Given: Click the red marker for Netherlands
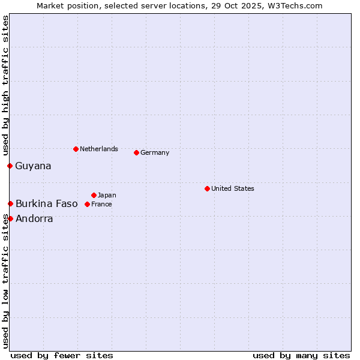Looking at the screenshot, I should coord(76,149).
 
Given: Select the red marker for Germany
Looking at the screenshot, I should coord(136,152).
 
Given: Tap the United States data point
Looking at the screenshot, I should coord(207,188).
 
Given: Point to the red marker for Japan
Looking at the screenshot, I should coord(94,195).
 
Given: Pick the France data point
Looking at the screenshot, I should coord(87,204).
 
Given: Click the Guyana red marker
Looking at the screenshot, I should coord(10,166).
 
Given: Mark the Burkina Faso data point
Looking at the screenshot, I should coord(10,203).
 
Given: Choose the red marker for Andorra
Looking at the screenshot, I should coord(10,218).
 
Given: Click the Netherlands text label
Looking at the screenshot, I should coord(99,149).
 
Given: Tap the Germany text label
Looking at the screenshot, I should coord(155,152).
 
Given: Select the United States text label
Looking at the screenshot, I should coord(233,188).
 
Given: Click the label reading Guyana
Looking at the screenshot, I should coord(33,166).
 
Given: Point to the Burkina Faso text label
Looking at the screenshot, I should coord(47,203).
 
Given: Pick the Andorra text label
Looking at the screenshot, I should coord(34,218).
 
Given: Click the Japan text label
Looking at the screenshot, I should coord(107,195).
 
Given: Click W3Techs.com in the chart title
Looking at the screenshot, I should coord(292,5).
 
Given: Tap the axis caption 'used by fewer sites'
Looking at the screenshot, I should coord(62,355).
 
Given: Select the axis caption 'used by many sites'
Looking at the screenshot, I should coord(301,355).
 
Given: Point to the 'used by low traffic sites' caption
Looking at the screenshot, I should coord(5,281).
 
